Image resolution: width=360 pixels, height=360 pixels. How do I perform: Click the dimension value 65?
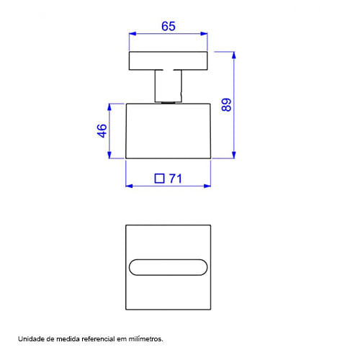tap(168, 26)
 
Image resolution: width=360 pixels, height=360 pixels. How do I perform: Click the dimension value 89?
tap(226, 104)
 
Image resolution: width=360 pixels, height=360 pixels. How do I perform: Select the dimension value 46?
tap(102, 131)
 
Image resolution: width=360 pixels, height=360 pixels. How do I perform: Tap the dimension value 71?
tap(176, 179)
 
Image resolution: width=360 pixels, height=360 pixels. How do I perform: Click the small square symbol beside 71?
tap(160, 179)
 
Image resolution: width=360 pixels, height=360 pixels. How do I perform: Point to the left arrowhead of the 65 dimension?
tap(132, 34)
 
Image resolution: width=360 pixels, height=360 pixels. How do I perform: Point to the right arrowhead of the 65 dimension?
tap(204, 34)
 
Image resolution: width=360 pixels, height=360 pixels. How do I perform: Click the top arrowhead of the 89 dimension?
tap(234, 55)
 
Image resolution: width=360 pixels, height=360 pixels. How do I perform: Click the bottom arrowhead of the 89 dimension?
tap(234, 155)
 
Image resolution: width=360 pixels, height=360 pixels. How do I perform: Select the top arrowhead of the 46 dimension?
tap(109, 107)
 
